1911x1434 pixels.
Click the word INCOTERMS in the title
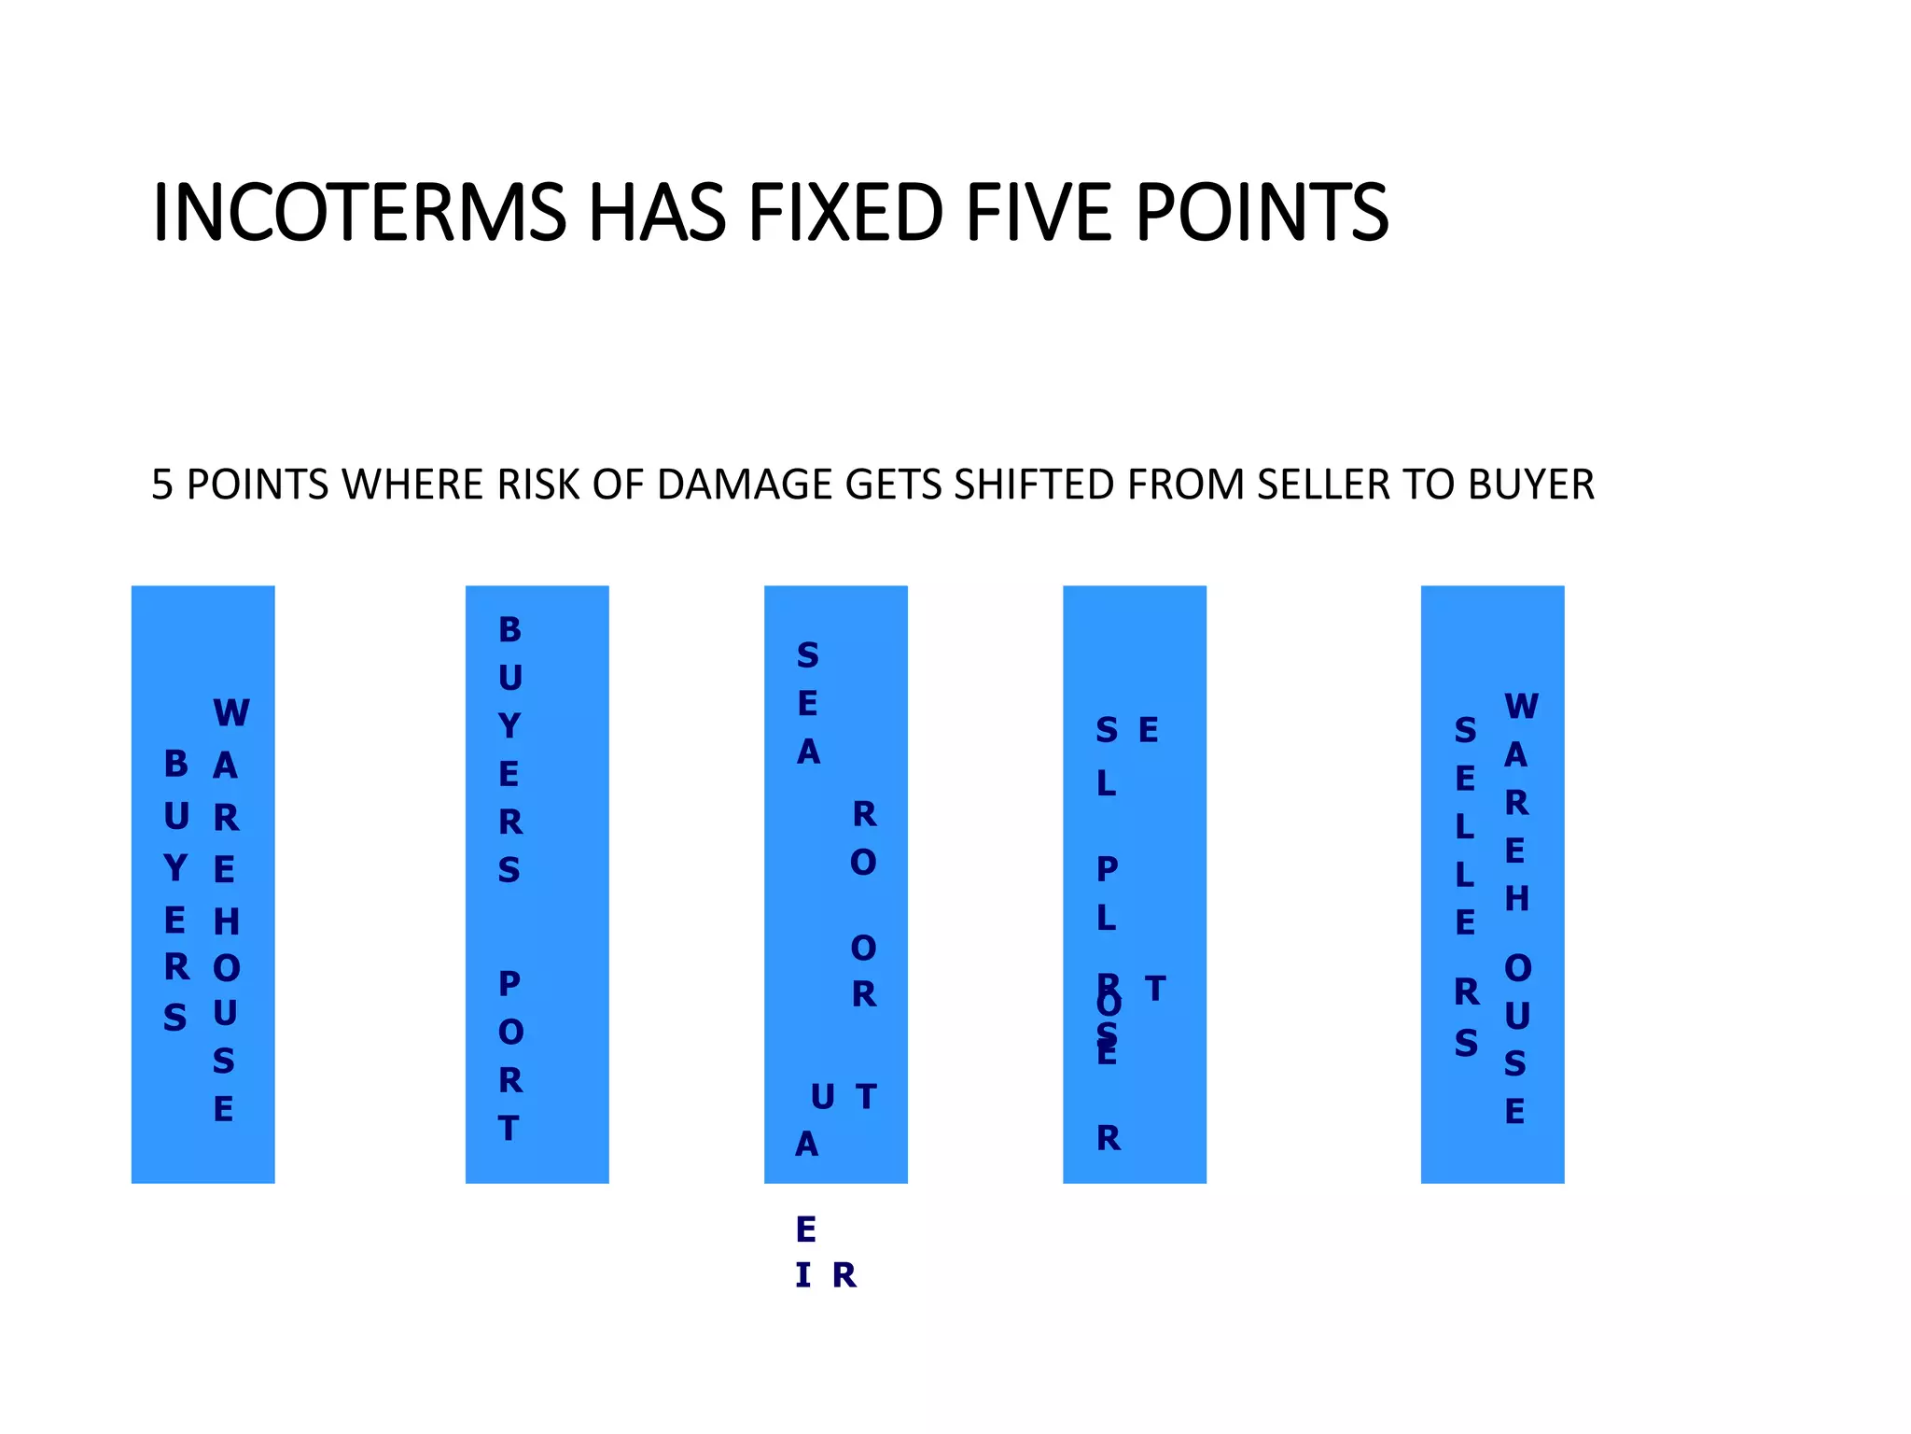359,213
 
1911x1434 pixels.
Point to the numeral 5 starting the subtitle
161,485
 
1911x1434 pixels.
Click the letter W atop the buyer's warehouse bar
231,713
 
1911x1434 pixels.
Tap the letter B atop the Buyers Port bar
509,630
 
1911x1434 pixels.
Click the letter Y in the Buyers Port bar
509,726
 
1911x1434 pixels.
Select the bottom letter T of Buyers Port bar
509,1130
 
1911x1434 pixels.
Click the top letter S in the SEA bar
808,656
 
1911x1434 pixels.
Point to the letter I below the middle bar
802,1275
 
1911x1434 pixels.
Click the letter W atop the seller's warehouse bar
1521,707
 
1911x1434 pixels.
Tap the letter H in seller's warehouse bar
1517,899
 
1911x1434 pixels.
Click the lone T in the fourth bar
1155,989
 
